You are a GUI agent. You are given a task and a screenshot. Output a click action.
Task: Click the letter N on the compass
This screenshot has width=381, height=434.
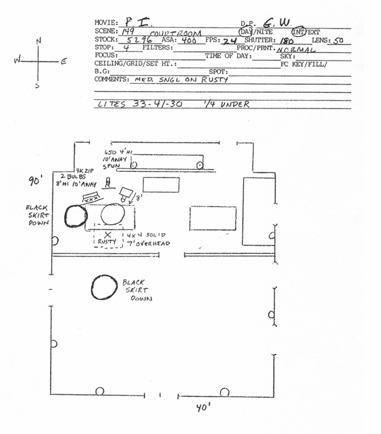pos(39,41)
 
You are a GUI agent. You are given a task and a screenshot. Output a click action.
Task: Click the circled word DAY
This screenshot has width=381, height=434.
pos(246,32)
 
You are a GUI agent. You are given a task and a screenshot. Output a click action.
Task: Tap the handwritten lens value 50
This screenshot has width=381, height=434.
pos(339,41)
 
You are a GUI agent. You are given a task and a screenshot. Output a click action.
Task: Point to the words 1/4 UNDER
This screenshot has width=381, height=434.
pos(227,104)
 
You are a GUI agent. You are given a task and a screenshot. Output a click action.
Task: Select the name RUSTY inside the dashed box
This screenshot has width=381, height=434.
pos(107,242)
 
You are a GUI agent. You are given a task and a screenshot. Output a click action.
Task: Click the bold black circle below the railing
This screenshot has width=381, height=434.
pos(104,287)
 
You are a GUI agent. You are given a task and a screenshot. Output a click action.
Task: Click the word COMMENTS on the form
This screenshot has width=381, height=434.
pos(111,79)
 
